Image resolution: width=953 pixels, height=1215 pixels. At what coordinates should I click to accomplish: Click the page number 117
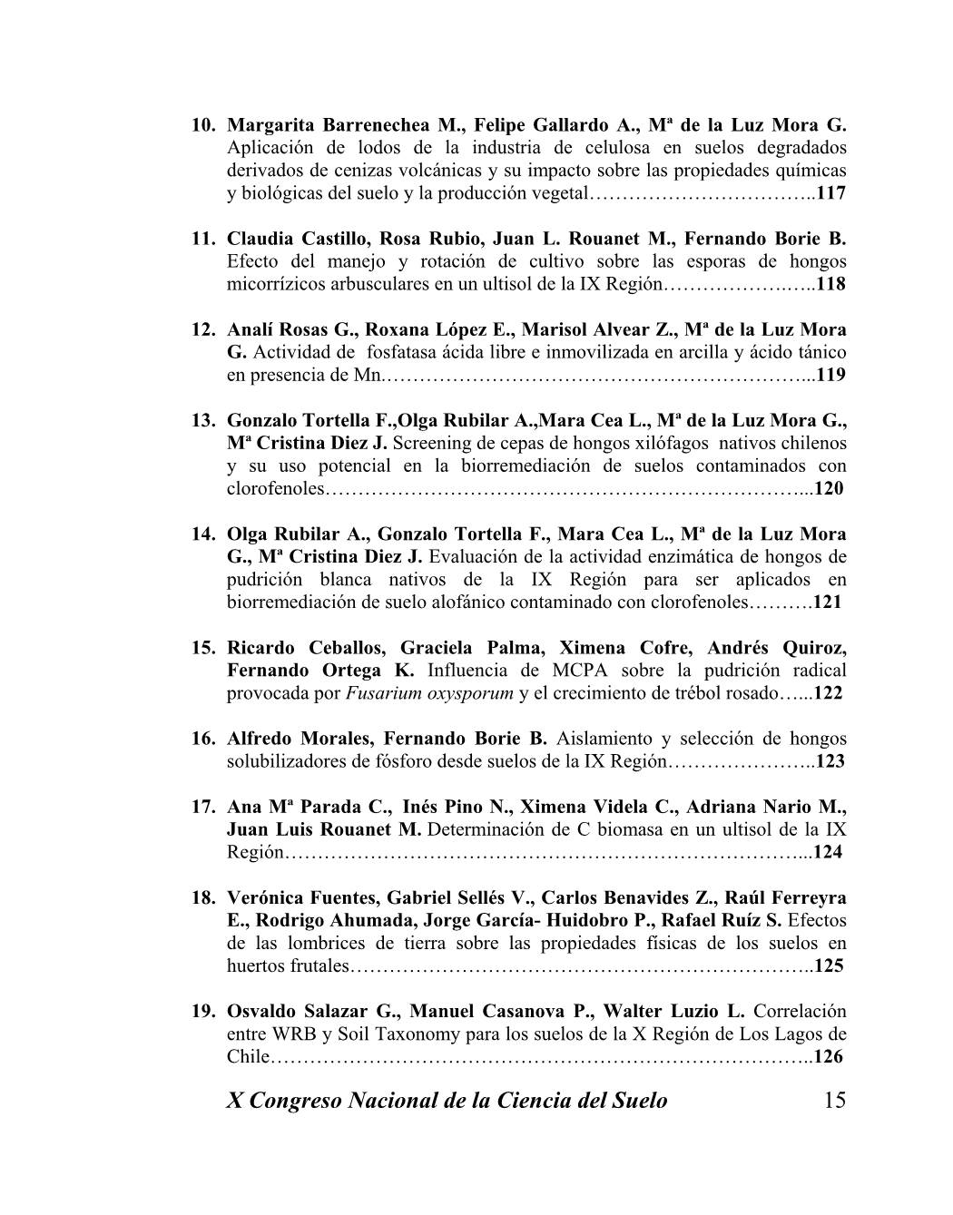pos(831,193)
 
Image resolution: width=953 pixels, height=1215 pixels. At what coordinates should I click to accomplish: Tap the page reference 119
pos(831,375)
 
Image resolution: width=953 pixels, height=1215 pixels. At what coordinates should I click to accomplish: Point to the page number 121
pos(828,602)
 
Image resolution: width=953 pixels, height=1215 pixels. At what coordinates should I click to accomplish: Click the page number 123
pos(830,761)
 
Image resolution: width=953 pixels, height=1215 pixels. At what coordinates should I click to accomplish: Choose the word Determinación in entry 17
pos(484,829)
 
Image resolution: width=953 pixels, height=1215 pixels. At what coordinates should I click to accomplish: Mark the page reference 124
pos(828,852)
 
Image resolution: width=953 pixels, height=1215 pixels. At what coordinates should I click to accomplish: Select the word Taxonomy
pos(398,1034)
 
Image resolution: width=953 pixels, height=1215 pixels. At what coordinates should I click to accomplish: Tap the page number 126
pos(830,1056)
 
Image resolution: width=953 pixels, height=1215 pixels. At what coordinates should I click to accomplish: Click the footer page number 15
pos(835,1101)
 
